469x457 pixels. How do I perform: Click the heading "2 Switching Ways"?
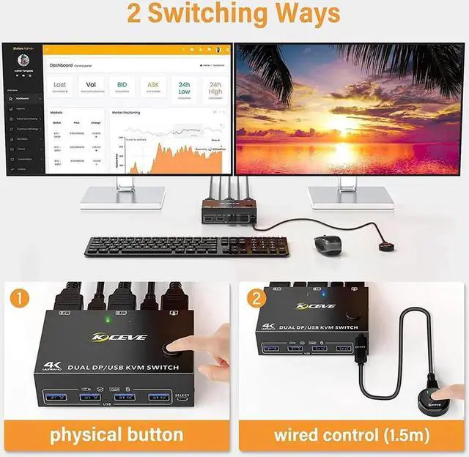pyautogui.click(x=234, y=14)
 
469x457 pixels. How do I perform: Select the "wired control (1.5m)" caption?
pyautogui.click(x=351, y=434)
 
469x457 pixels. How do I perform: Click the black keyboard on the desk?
pyautogui.click(x=187, y=246)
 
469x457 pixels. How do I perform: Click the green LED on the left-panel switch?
pyautogui.click(x=108, y=319)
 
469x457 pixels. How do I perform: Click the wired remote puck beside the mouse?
pyautogui.click(x=385, y=246)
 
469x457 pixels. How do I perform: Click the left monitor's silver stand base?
pyautogui.click(x=123, y=198)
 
